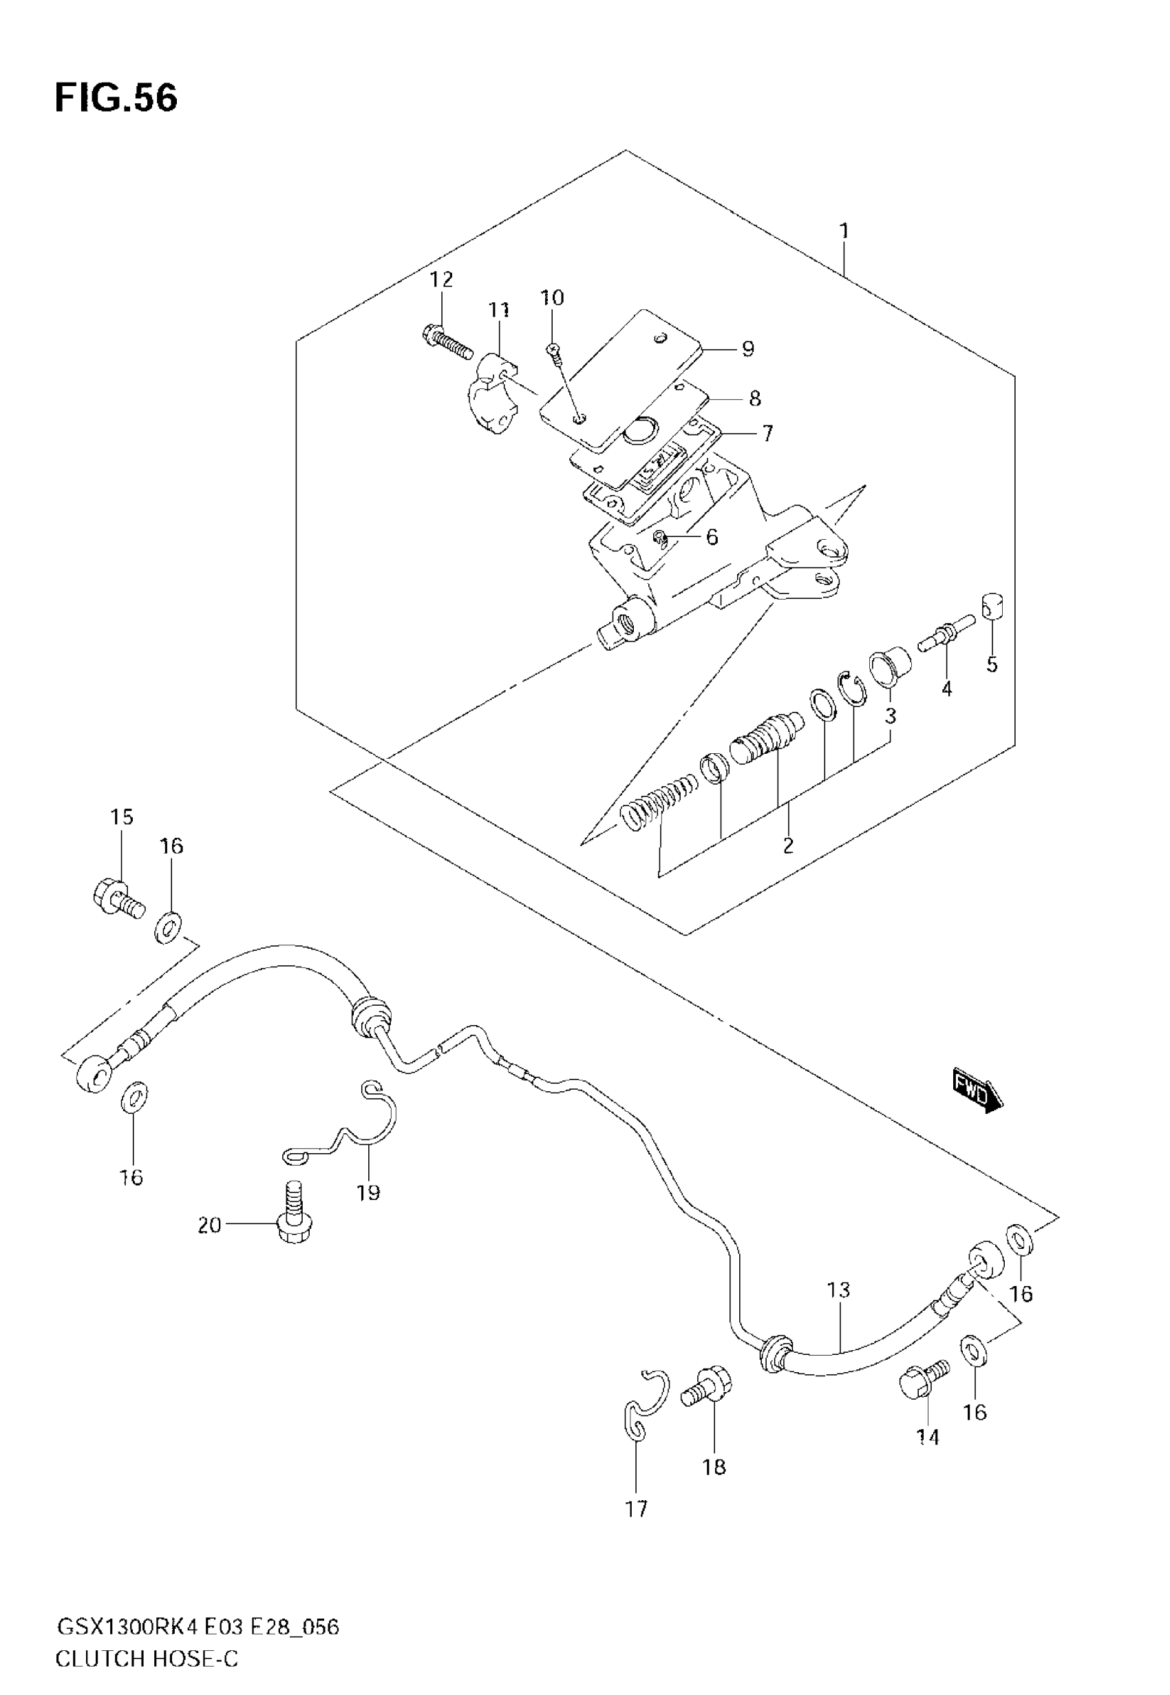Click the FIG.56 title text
[116, 98]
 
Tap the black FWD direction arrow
[978, 1097]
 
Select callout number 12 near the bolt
[441, 280]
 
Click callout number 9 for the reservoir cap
[747, 349]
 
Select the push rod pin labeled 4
[945, 633]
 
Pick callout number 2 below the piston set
[788, 845]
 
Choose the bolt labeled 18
[708, 1387]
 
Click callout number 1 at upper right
[844, 231]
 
